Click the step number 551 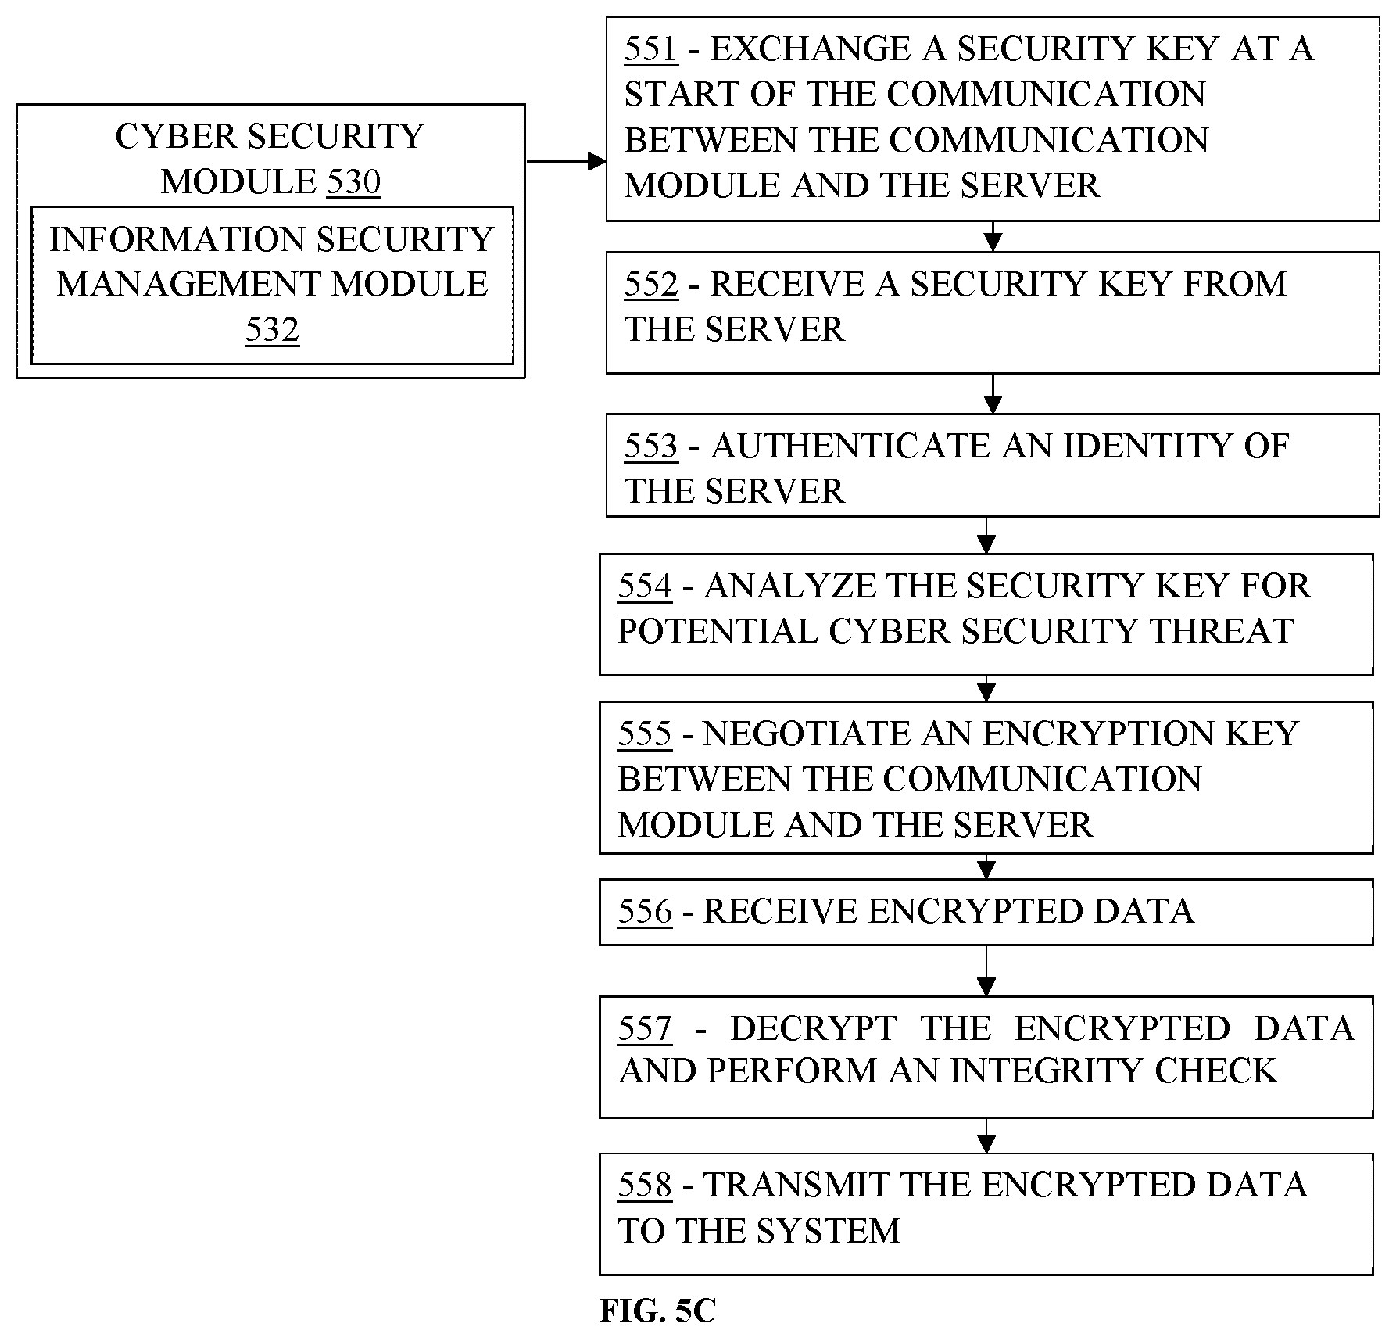point(650,49)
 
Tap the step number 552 point(650,284)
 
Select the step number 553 point(650,446)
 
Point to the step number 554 point(645,586)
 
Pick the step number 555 point(645,734)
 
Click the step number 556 point(645,911)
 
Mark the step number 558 point(645,1185)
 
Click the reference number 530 point(353,181)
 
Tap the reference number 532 point(272,329)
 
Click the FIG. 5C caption point(657,1311)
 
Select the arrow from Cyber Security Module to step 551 point(566,162)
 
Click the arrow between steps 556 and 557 point(986,970)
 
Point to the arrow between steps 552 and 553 point(992,393)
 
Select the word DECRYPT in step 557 point(813,1028)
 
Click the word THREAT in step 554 point(1222,631)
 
